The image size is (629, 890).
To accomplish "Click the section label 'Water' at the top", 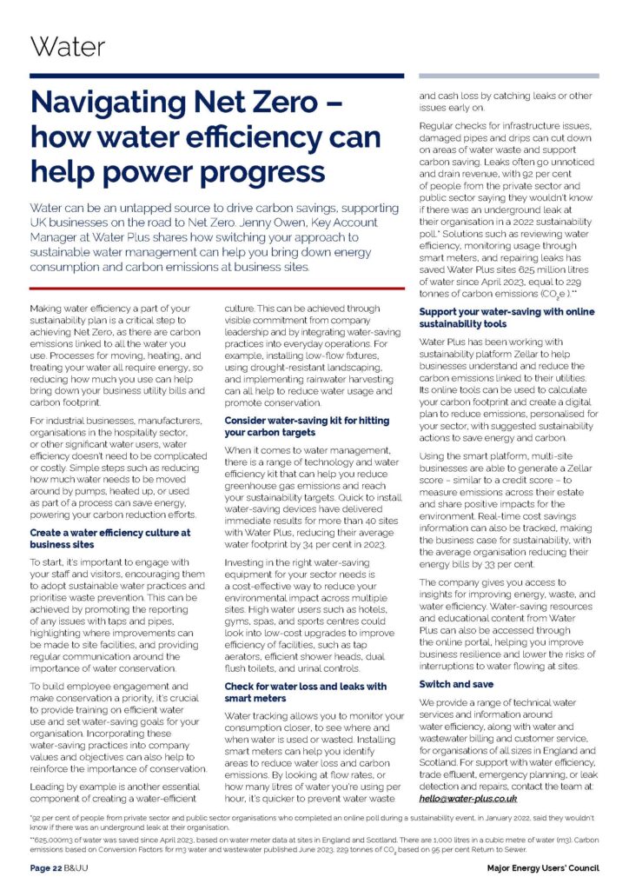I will tap(67, 46).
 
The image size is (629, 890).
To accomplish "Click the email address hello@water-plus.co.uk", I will tap(468, 797).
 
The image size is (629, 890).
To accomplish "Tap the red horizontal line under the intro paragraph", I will tap(217, 288).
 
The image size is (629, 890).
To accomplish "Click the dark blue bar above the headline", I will tap(217, 76).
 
